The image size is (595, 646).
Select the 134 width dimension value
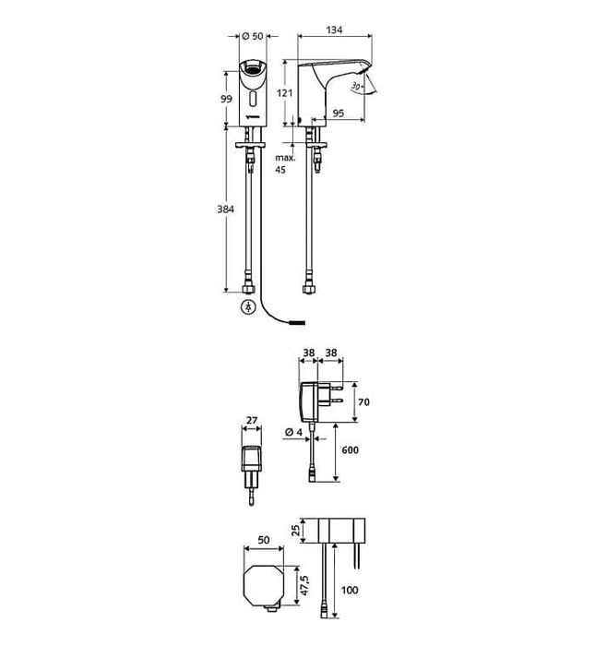[x=333, y=30]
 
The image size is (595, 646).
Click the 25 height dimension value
[x=294, y=532]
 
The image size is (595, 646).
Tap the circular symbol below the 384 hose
[x=247, y=307]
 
